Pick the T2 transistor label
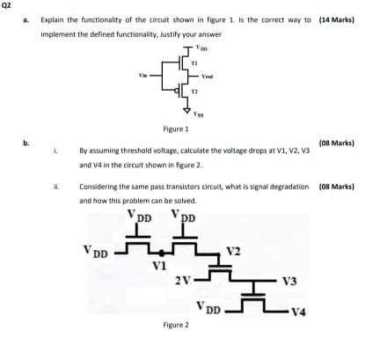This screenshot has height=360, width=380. (195, 91)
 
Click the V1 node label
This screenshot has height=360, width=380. (158, 264)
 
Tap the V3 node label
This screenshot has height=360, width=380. (288, 281)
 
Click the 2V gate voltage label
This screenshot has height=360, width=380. (183, 281)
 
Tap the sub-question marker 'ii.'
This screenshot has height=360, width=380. (56, 187)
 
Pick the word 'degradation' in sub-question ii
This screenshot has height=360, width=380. (291, 187)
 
